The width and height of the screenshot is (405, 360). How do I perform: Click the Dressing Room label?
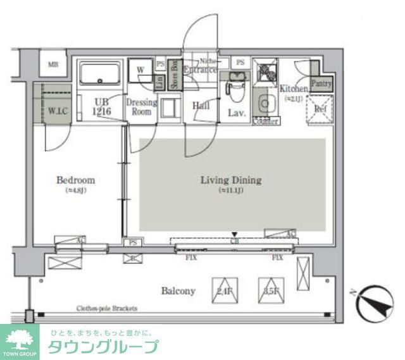coord(141,107)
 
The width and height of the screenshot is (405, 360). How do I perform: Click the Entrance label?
coord(201,70)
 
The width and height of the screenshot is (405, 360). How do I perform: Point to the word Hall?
coord(201,106)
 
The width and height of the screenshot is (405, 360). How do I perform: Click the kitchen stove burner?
coord(265,71)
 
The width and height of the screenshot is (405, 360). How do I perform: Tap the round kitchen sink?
coord(265,102)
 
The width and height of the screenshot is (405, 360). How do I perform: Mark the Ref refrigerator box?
coord(320,108)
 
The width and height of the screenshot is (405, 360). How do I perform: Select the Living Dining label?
coord(230,180)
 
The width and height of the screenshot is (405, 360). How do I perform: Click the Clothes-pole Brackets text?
coord(106,309)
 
